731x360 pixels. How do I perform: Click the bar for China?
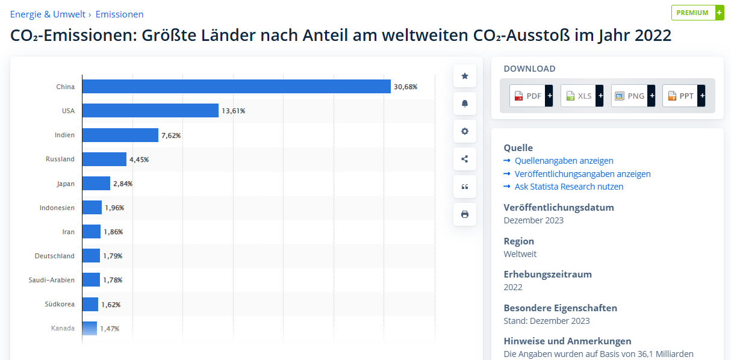pyautogui.click(x=236, y=87)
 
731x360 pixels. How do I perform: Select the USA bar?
pyautogui.click(x=150, y=111)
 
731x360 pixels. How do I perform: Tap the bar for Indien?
pyautogui.click(x=120, y=135)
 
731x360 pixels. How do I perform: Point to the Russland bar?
pyautogui.click(x=104, y=159)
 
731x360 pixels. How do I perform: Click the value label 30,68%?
pyautogui.click(x=405, y=87)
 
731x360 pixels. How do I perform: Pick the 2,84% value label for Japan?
pyautogui.click(x=123, y=184)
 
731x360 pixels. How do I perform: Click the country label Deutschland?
pyautogui.click(x=55, y=256)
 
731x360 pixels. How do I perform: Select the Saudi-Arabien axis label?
pyautogui.click(x=52, y=280)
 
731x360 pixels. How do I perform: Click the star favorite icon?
pyautogui.click(x=465, y=76)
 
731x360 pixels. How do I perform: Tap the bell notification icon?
pyautogui.click(x=465, y=104)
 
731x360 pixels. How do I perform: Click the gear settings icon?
pyautogui.click(x=465, y=131)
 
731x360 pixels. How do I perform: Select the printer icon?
pyautogui.click(x=465, y=214)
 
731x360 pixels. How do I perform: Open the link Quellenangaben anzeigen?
pyautogui.click(x=564, y=161)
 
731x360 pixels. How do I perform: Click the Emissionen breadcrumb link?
pyautogui.click(x=119, y=14)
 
